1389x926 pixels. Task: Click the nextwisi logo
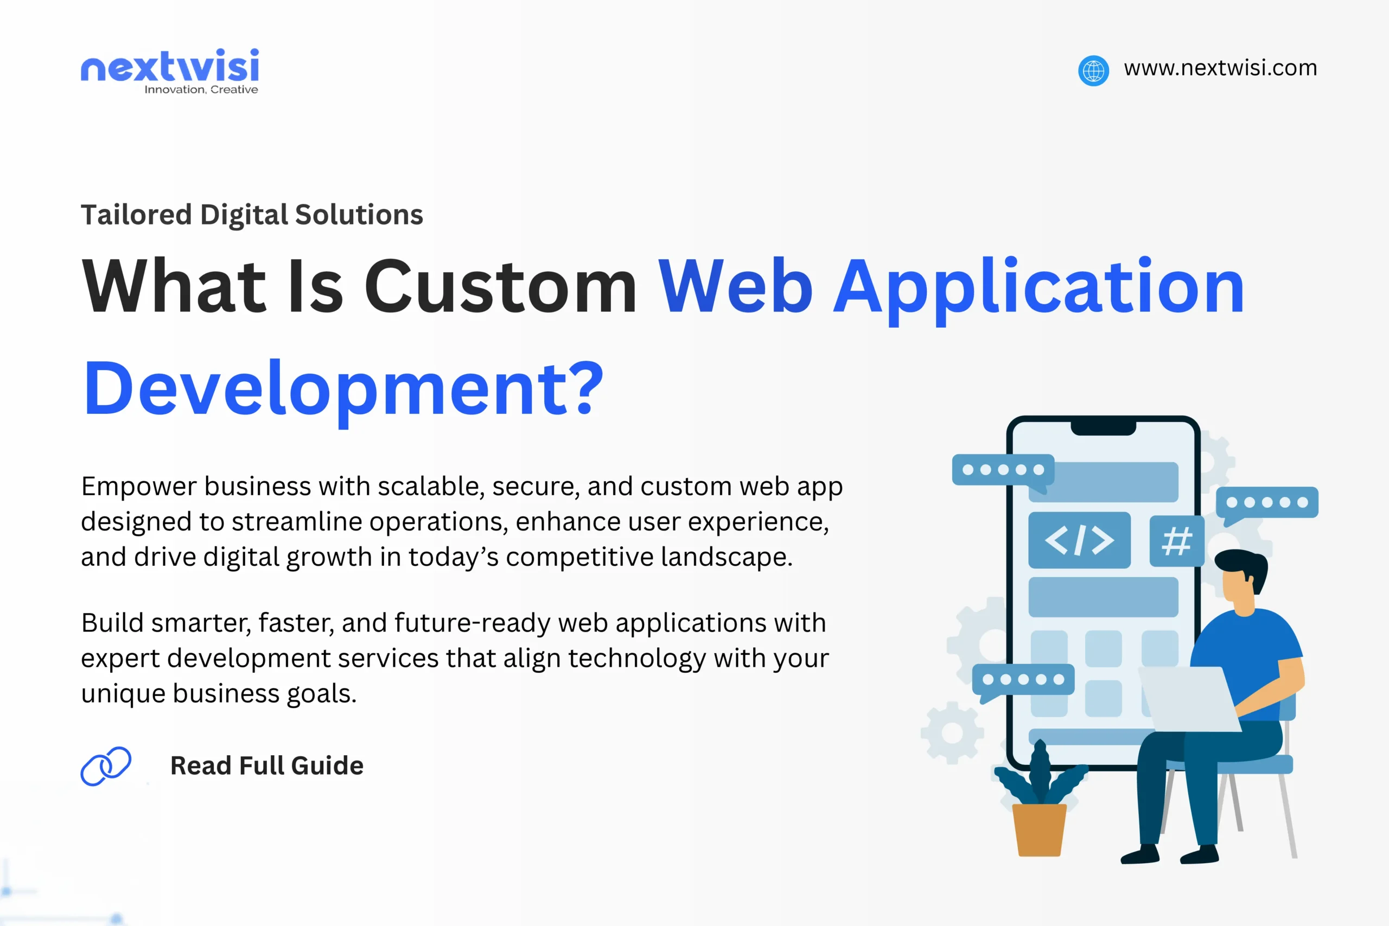point(169,66)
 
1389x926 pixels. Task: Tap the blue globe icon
point(1093,71)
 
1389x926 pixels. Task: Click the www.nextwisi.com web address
point(1220,68)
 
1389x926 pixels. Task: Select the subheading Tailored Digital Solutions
point(252,214)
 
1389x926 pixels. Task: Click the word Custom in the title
point(500,287)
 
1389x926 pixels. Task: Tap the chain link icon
point(106,766)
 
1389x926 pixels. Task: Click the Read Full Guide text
point(266,766)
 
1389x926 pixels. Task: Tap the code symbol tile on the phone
point(1079,540)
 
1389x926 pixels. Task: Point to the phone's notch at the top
point(1103,428)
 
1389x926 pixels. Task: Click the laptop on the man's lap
point(1187,700)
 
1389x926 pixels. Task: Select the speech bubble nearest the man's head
point(1267,504)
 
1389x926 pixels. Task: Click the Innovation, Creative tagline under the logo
point(201,90)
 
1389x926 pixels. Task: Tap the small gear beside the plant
point(952,733)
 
